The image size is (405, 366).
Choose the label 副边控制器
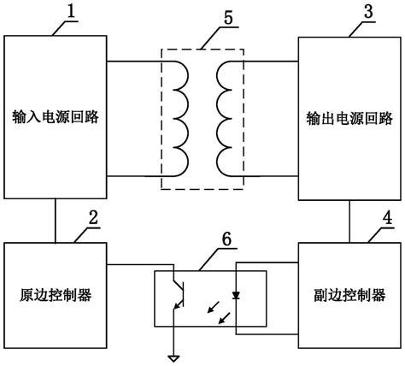pos(349,295)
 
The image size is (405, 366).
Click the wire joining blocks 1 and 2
pos(56,219)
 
